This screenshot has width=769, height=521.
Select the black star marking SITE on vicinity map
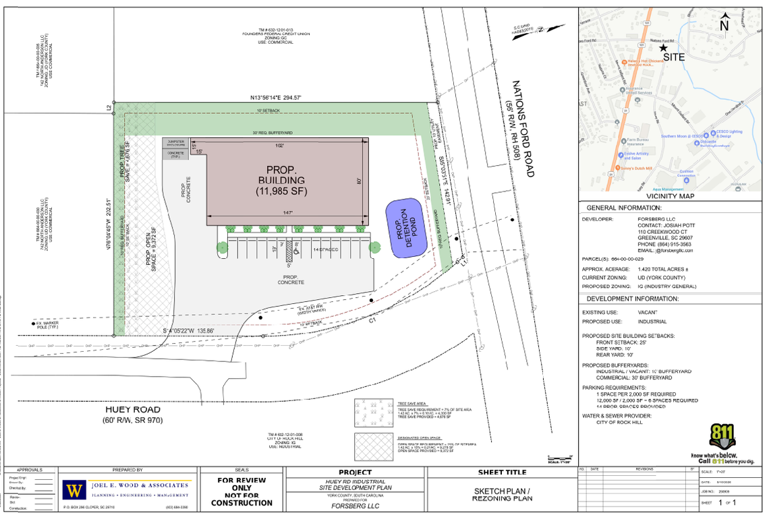pos(664,48)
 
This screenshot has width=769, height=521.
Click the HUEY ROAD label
pos(132,409)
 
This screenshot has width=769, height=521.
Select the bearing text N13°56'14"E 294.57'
pos(276,98)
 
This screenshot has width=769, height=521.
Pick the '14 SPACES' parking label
pos(326,249)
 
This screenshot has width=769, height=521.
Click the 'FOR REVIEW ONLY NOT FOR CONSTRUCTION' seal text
pos(241,491)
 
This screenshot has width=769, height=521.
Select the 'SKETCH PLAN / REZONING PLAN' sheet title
pos(503,494)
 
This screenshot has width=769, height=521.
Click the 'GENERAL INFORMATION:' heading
pos(623,208)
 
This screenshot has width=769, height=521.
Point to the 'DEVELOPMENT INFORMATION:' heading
pos(632,299)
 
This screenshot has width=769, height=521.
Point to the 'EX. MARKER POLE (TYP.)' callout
pos(48,326)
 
